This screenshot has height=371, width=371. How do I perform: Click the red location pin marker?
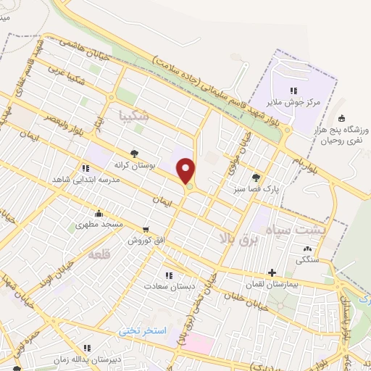coord(187,172)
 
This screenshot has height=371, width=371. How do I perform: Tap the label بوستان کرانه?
coord(134,165)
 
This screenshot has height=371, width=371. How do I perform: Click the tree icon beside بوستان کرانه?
coord(134,154)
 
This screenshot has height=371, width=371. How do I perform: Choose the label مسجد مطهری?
coord(99,225)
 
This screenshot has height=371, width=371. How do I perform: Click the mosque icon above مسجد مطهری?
coord(99,214)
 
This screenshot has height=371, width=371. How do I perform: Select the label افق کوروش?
coord(147,239)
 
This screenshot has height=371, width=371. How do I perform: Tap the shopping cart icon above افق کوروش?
coord(147,228)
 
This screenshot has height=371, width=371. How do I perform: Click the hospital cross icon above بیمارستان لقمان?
coord(272,274)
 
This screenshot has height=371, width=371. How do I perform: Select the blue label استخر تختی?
coord(143,330)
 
